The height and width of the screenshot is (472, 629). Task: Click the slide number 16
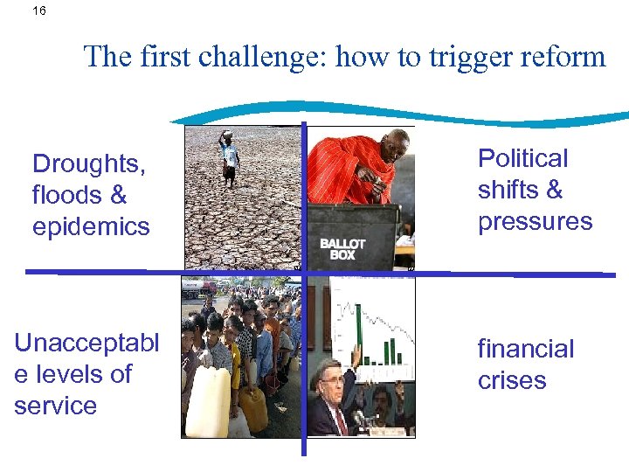pos(38,11)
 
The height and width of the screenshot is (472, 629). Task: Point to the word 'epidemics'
pos(91,226)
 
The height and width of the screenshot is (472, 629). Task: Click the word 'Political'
pos(522,158)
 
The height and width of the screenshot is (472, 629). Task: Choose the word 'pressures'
pos(535,222)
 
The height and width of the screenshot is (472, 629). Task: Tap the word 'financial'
pos(525,349)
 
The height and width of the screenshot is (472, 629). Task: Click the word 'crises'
pos(512,380)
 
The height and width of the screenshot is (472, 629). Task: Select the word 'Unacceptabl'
pos(86,342)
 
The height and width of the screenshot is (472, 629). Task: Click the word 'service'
pos(55,406)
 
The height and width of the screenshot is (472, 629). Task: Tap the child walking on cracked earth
pos(229,157)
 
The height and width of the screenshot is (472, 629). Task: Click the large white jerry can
pos(208,402)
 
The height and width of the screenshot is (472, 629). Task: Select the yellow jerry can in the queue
pos(253,407)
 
